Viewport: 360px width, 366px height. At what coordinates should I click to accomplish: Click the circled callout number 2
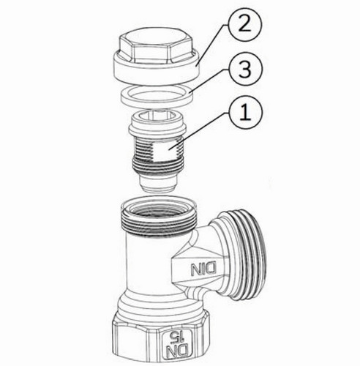point(244,24)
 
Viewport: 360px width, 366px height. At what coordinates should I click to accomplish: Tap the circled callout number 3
point(244,69)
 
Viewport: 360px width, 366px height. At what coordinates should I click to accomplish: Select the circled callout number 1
point(246,113)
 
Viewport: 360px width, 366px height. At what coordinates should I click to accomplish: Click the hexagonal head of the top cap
point(156,46)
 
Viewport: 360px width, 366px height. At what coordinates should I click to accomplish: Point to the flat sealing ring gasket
point(157,95)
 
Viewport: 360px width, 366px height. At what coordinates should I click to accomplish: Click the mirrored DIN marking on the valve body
point(203,269)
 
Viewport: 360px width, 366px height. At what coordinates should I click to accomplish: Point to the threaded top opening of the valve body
point(159,217)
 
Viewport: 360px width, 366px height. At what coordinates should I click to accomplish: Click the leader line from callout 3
point(209,81)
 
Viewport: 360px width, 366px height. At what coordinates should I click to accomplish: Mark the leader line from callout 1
point(200,130)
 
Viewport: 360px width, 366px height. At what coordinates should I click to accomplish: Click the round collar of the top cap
point(157,70)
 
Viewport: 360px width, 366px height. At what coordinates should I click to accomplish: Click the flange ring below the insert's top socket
point(157,130)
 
